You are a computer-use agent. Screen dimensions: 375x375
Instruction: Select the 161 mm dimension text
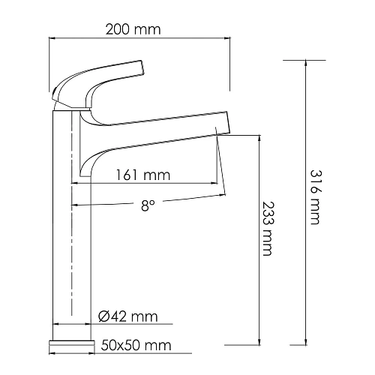[x=143, y=175]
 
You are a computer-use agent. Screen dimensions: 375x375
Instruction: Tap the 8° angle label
[x=146, y=204]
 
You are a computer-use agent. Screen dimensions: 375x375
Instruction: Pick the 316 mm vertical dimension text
[x=314, y=196]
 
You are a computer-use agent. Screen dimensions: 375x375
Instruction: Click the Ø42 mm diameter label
[x=128, y=318]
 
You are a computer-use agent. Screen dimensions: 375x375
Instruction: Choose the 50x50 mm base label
[x=135, y=346]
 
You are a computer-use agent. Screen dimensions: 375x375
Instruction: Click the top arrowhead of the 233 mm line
[x=258, y=138]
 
